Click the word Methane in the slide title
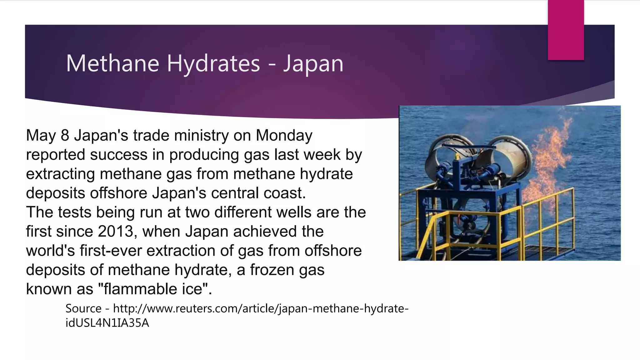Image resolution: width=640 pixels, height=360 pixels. click(112, 63)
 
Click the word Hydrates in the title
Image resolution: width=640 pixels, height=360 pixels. click(213, 63)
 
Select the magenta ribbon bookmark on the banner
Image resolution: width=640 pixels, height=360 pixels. click(566, 30)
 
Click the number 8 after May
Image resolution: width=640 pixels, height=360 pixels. click(65, 135)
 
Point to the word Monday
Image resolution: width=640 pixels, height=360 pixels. click(284, 135)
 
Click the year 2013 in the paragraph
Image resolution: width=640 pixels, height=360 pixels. click(116, 232)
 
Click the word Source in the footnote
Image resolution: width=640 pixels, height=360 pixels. click(83, 309)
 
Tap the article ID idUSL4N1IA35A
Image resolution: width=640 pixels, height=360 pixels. click(107, 323)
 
